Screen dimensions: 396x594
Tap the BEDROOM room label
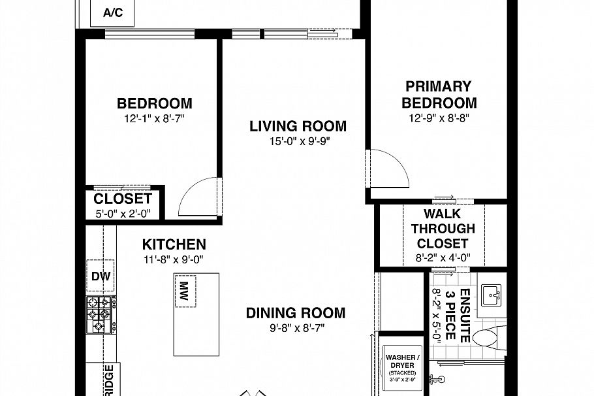coord(154,103)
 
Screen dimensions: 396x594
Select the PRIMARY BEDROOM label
coord(439,95)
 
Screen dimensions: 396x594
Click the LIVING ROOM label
coord(298,126)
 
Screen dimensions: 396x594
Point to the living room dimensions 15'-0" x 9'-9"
coord(298,141)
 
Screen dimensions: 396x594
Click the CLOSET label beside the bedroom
coord(123,199)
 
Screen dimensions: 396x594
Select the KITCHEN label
coord(174,245)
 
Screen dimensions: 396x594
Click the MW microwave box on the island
coord(185,289)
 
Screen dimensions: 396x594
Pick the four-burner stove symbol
coord(100,314)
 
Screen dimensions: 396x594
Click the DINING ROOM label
coord(295,313)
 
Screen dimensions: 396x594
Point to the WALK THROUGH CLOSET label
coord(443,229)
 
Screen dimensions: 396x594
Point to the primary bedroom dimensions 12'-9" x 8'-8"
coord(439,118)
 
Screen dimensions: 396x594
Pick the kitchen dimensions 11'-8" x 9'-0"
coord(174,259)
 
